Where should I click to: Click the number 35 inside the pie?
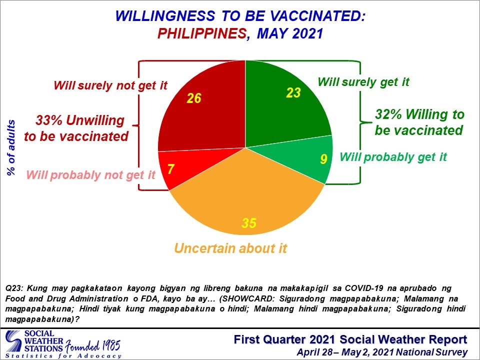[249, 223]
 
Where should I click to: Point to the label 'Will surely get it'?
[363, 82]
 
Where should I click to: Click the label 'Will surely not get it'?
[110, 85]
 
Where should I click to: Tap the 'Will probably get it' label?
[393, 157]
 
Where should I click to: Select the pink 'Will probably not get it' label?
[91, 175]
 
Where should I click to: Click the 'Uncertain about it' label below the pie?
[230, 248]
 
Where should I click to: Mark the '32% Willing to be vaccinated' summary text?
[419, 122]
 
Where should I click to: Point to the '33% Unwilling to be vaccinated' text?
[76, 128]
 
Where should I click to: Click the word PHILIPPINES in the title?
[202, 33]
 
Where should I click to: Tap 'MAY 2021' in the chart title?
[290, 33]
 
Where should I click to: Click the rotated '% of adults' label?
[11, 147]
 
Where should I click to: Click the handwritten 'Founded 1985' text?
[92, 346]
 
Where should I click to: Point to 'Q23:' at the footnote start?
[14, 288]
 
